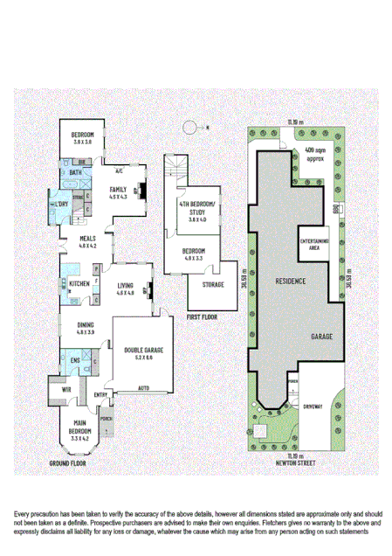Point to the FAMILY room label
[x=118, y=191]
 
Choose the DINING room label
[x=85, y=328]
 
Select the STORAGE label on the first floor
[x=213, y=284]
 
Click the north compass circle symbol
[x=189, y=128]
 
